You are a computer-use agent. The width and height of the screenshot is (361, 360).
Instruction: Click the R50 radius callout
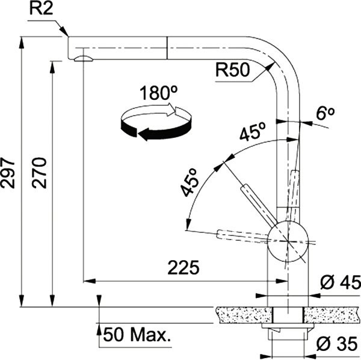pyautogui.click(x=232, y=71)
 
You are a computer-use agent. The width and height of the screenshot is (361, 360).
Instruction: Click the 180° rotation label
pyautogui.click(x=158, y=94)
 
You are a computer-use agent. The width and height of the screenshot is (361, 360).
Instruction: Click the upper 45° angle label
pyautogui.click(x=253, y=133)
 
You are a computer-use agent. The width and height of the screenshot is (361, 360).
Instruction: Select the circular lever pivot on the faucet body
pyautogui.click(x=288, y=240)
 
